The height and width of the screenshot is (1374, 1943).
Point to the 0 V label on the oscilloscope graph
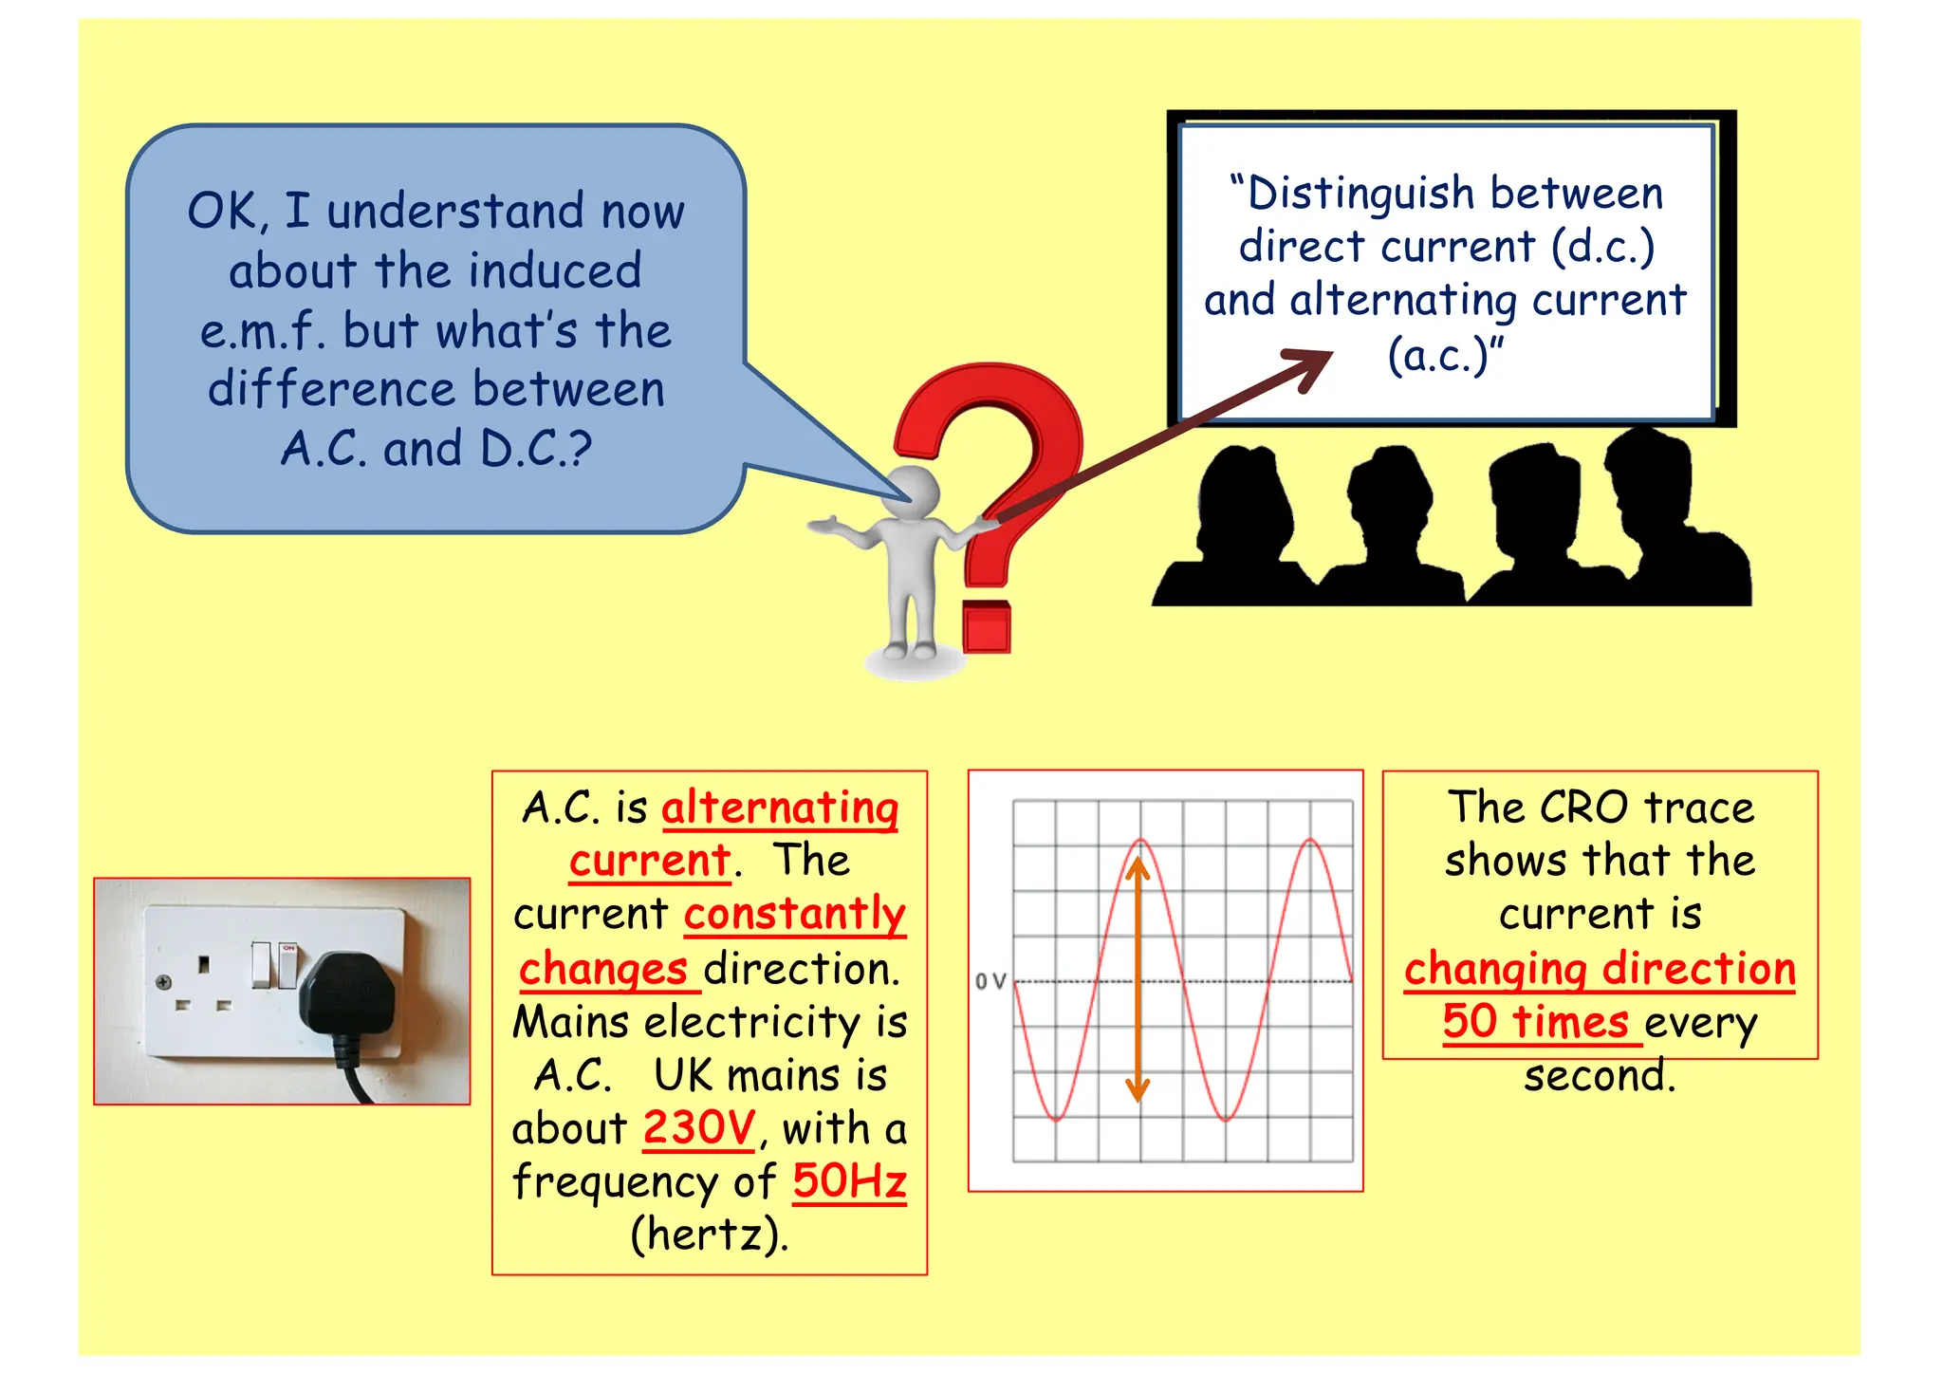tap(990, 981)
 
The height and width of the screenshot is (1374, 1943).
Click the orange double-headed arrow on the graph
tap(1138, 977)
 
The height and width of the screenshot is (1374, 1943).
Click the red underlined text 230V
tap(698, 1128)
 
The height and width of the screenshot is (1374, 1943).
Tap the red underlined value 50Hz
tap(849, 1181)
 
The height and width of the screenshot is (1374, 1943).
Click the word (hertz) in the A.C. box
tap(710, 1235)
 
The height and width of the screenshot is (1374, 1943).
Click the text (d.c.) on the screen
tap(1603, 247)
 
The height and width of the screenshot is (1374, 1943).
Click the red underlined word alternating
tap(779, 808)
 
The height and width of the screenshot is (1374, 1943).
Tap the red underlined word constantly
tap(795, 914)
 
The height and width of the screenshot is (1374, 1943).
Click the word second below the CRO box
tap(1600, 1076)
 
